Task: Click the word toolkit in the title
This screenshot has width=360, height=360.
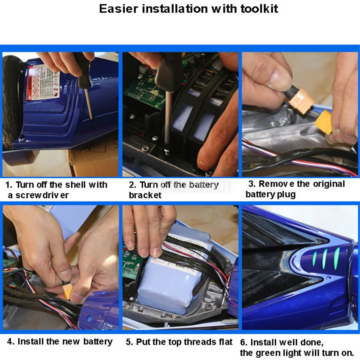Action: point(259,9)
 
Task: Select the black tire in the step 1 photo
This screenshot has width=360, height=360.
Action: point(12,101)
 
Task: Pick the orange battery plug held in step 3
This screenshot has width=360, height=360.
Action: point(301,101)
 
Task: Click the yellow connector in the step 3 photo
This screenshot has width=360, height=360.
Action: point(324,122)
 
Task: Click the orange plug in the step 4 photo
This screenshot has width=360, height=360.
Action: point(67,291)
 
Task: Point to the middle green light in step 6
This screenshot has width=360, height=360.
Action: point(325,259)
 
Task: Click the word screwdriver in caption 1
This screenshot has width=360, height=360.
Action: point(42,195)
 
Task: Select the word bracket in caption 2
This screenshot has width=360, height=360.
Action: point(145,195)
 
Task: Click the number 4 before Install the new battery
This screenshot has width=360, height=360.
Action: point(10,342)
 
